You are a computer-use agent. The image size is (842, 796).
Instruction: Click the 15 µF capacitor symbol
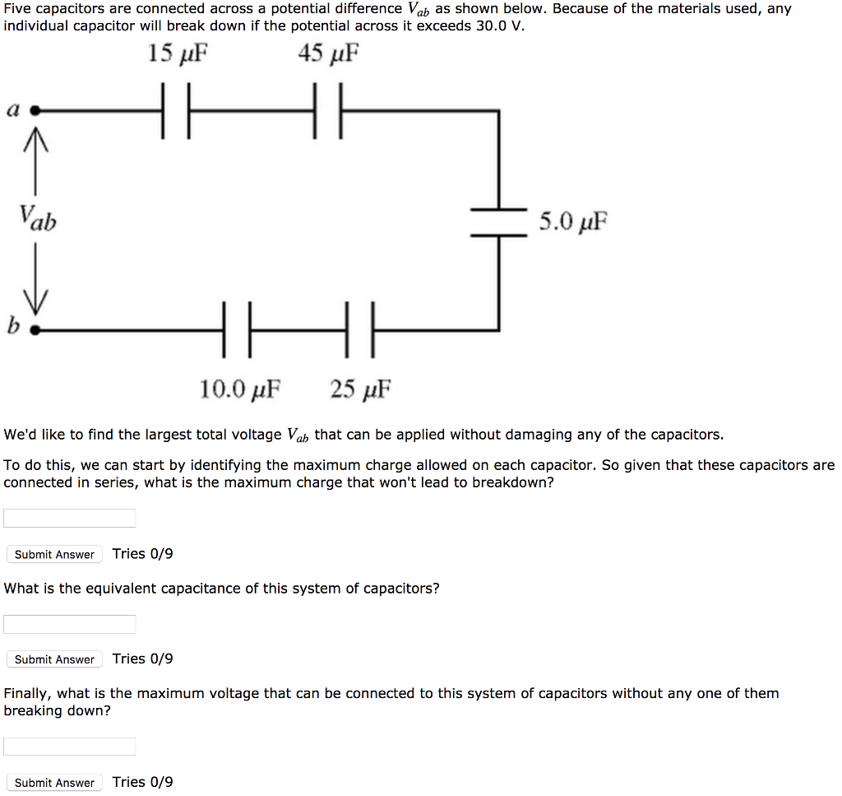(176, 110)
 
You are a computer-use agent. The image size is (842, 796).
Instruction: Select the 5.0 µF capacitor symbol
(498, 222)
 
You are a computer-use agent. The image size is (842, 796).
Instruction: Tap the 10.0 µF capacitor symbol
(237, 330)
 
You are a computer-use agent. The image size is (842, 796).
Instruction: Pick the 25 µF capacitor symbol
(359, 330)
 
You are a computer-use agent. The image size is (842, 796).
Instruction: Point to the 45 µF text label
(329, 54)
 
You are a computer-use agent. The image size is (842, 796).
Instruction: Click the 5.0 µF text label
(573, 221)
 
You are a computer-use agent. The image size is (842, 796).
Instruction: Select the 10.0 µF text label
(240, 388)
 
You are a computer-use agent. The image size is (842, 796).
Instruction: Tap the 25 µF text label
(361, 388)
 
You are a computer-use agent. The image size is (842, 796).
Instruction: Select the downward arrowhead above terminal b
(35, 303)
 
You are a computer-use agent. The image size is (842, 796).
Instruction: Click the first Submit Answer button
(54, 554)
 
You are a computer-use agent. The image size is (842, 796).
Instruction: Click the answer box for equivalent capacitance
(70, 624)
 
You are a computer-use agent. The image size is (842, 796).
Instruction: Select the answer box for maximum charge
(70, 518)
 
